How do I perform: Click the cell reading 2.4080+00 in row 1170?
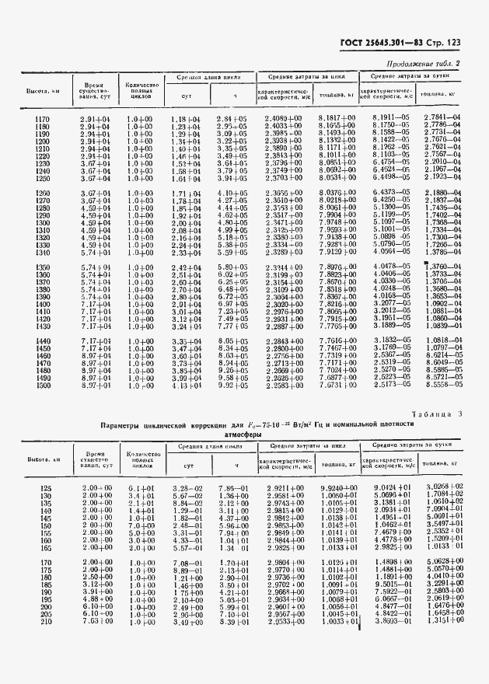[x=284, y=118]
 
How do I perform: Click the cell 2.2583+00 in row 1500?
[x=284, y=385]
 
